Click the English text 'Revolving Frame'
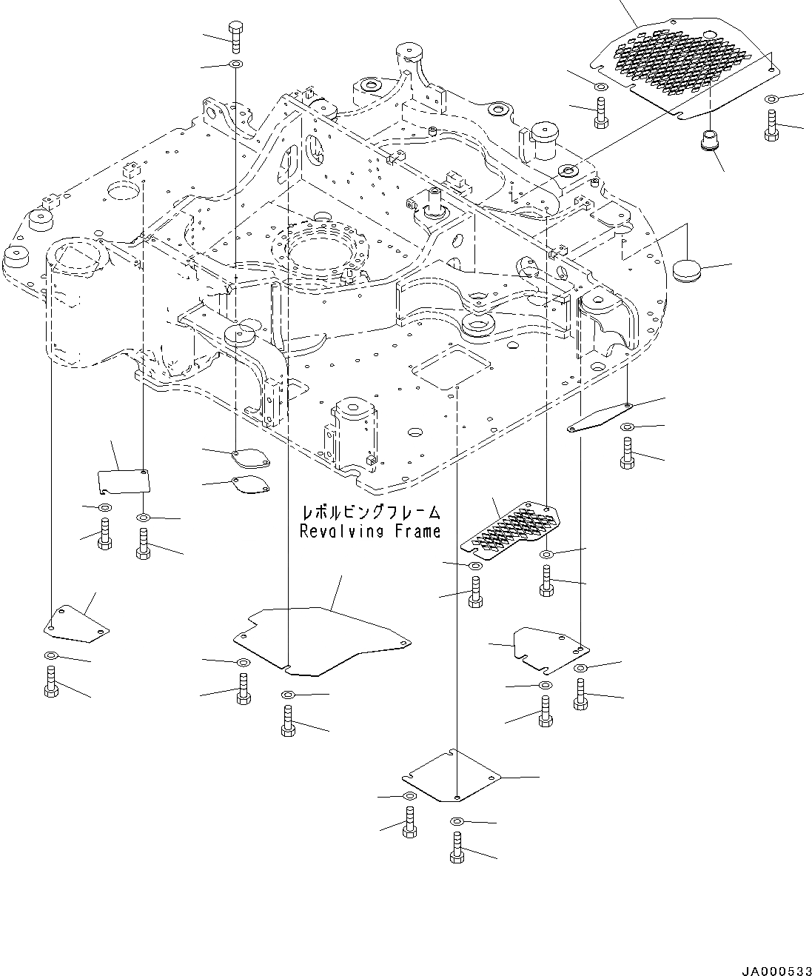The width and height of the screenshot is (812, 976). point(369,531)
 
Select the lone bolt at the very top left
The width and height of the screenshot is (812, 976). point(236,37)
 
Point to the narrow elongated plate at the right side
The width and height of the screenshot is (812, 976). point(597,420)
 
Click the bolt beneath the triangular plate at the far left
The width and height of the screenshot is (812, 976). point(51,681)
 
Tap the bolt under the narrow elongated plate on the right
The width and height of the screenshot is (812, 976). point(626,453)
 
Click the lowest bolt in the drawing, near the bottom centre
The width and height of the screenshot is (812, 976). point(456,848)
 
